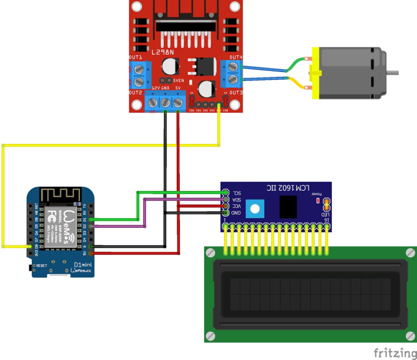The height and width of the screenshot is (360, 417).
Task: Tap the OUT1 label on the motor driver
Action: tap(135, 57)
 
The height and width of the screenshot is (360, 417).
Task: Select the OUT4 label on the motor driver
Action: tap(236, 57)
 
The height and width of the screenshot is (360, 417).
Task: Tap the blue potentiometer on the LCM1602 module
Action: tap(255, 209)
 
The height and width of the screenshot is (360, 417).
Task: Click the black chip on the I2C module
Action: tap(288, 207)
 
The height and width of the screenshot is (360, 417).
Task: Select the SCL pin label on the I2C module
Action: tap(236, 193)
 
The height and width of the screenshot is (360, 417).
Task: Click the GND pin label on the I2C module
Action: tap(236, 213)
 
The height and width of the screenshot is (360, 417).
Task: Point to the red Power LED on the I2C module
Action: tap(318, 200)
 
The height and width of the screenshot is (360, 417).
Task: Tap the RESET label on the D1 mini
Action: tap(41, 266)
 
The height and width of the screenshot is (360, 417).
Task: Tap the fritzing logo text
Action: tap(395, 353)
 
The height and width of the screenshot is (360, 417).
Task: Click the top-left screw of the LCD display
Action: tap(210, 252)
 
